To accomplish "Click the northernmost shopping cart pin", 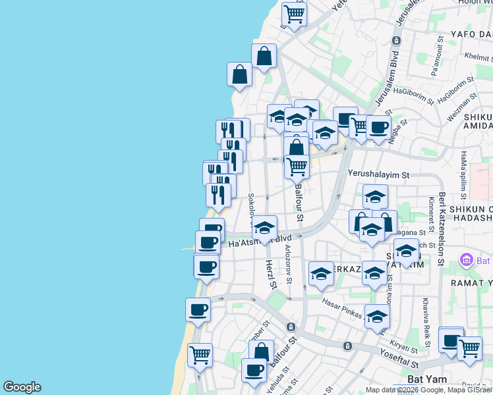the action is [294, 13].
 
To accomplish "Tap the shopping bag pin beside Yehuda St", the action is [261, 351].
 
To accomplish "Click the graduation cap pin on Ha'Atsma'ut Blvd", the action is [265, 228].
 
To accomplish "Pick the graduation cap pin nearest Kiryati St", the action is [377, 317].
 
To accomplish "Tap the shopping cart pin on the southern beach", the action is [200, 355].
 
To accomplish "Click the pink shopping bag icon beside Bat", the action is [467, 259].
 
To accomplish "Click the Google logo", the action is [22, 387].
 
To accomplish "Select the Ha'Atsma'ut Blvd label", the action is [260, 242].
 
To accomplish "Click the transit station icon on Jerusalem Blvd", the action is [395, 40].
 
